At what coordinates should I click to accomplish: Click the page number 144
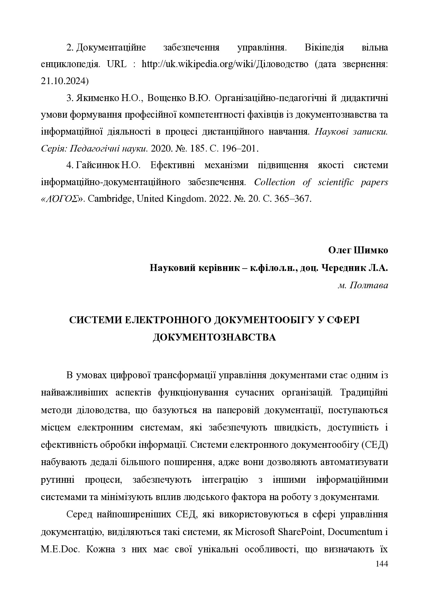point(382,564)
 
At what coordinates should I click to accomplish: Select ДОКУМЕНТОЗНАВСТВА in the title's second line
point(214,337)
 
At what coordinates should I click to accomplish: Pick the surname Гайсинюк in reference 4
point(98,165)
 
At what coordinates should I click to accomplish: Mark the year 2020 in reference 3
point(159,149)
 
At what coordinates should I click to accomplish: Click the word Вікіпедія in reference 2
point(324,48)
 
